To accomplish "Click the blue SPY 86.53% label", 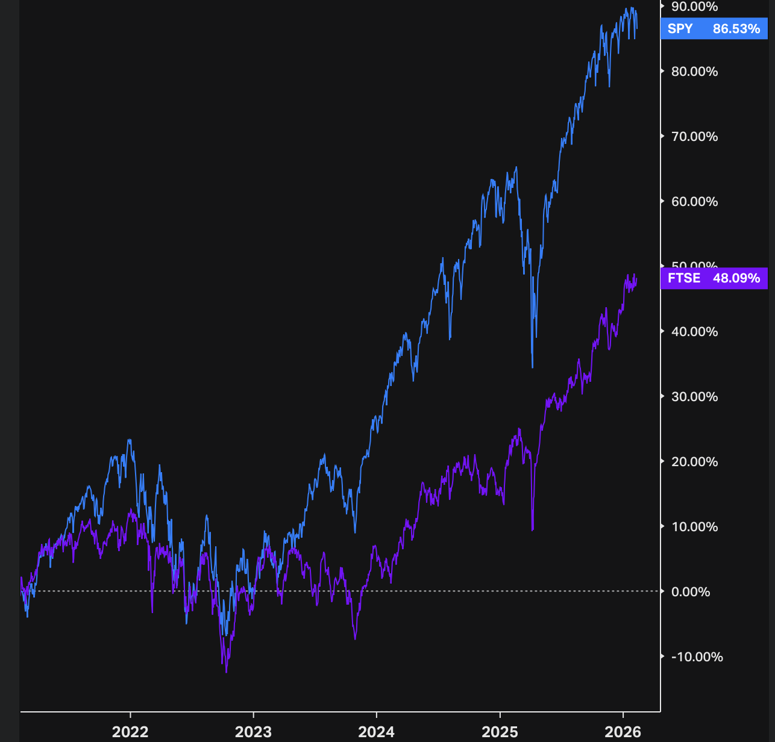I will [714, 29].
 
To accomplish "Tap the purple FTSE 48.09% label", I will [714, 278].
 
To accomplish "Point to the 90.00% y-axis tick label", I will [694, 7].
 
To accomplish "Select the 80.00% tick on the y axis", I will [694, 72].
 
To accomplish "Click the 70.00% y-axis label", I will [694, 137].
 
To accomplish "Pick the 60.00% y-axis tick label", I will [694, 202].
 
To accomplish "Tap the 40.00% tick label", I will [694, 332].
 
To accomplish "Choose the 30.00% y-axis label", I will [694, 397].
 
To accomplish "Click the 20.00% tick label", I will [694, 462].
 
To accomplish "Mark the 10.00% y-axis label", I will [694, 527].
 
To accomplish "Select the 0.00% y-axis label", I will [691, 592].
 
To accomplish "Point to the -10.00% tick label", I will [697, 657].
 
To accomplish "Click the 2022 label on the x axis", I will [130, 732].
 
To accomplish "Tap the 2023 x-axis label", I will [253, 732].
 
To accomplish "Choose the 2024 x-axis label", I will [376, 732].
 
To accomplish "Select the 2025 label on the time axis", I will [500, 732].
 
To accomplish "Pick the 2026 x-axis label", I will [623, 732].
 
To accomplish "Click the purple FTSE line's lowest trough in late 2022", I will [226, 672].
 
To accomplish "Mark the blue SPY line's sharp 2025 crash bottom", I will [533, 367].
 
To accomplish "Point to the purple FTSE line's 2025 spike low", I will [533, 529].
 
